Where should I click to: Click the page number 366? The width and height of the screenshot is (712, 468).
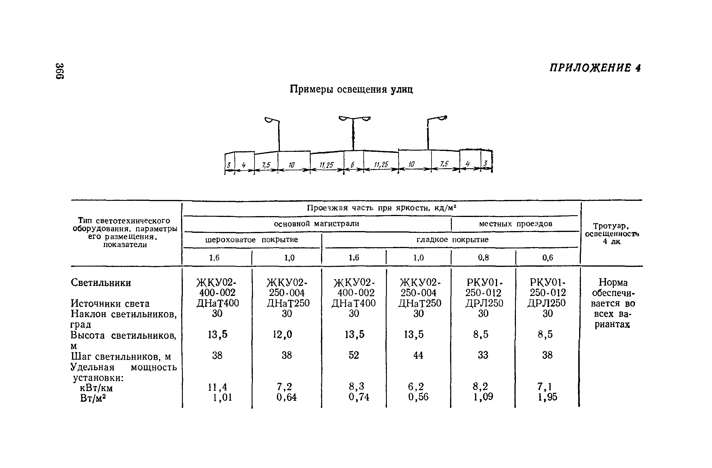(x=60, y=71)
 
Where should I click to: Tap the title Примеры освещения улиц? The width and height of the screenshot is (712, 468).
(x=352, y=89)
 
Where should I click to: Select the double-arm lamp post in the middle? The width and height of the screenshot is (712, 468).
(x=354, y=133)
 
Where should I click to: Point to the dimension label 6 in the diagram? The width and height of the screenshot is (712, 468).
(x=352, y=165)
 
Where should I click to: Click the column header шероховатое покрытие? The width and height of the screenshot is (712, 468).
(x=252, y=240)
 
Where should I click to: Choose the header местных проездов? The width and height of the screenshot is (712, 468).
(x=515, y=224)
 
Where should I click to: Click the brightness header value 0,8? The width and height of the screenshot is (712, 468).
(x=484, y=257)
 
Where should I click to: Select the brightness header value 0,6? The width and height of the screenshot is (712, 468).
(x=548, y=257)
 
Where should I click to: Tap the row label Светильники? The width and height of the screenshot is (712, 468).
(x=101, y=283)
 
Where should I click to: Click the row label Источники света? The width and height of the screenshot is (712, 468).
(x=110, y=304)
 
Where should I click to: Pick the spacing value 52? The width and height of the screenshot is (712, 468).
(x=354, y=355)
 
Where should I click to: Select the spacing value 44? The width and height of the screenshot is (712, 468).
(x=418, y=355)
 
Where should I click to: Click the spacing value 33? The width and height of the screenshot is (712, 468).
(x=483, y=355)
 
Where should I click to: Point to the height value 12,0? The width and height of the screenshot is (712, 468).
(x=283, y=334)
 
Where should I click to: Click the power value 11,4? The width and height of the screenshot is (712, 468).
(x=218, y=387)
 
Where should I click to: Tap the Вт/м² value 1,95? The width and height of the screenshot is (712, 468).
(x=547, y=397)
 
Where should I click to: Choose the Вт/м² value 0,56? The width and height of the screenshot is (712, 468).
(x=418, y=397)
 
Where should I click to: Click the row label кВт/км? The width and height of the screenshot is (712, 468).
(x=96, y=388)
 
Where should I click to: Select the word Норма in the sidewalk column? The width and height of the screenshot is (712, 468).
(x=613, y=282)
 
